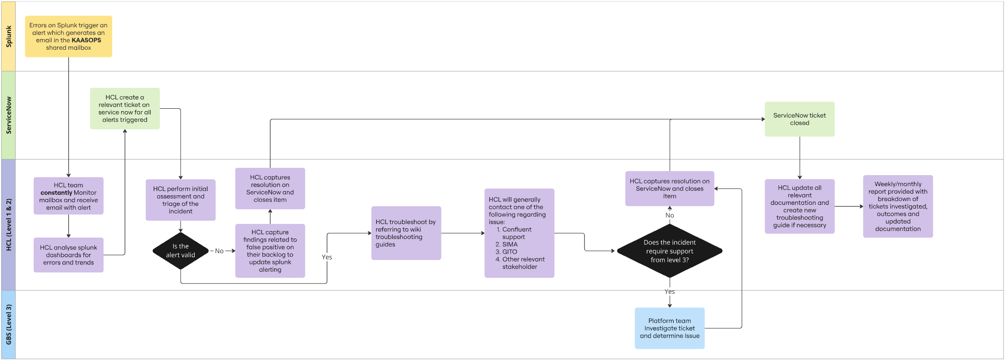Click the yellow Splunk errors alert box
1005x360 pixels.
[68, 37]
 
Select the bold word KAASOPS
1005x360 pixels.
[86, 40]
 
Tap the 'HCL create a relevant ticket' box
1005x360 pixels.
[125, 108]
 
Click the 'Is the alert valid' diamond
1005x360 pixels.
[181, 251]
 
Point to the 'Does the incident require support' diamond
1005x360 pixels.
[669, 251]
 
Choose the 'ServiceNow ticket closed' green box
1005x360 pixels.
[800, 119]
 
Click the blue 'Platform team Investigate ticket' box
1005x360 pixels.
[669, 328]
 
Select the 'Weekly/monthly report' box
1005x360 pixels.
[898, 206]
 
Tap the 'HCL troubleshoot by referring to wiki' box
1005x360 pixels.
[406, 233]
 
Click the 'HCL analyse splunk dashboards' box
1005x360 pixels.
[68, 255]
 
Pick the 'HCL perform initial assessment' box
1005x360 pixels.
[181, 200]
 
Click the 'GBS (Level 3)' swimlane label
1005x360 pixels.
[8, 325]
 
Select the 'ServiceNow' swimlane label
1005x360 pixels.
[8, 115]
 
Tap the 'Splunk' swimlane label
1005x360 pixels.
[8, 37]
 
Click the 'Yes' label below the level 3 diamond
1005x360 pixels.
[669, 292]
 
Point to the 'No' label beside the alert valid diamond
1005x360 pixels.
[219, 251]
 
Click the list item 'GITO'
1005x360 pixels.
[510, 252]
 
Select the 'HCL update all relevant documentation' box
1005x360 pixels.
[800, 206]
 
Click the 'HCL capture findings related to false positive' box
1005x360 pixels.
[270, 251]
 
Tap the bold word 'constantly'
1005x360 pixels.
[57, 193]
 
